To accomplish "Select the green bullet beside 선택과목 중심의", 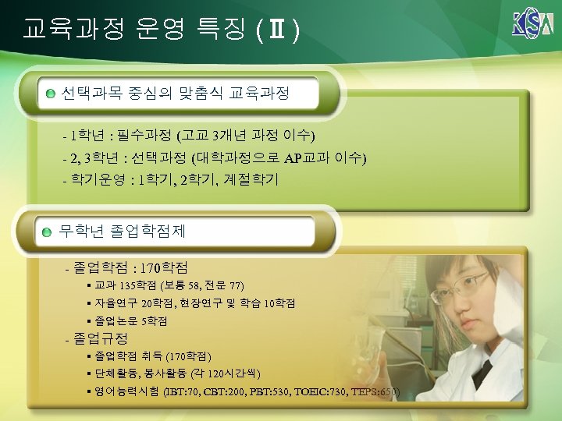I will point(50,94).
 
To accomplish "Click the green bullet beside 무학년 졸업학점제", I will point(48,232).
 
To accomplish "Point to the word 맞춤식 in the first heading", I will point(201,94).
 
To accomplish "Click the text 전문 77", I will point(226,286).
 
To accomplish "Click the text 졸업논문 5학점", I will point(130,320).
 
